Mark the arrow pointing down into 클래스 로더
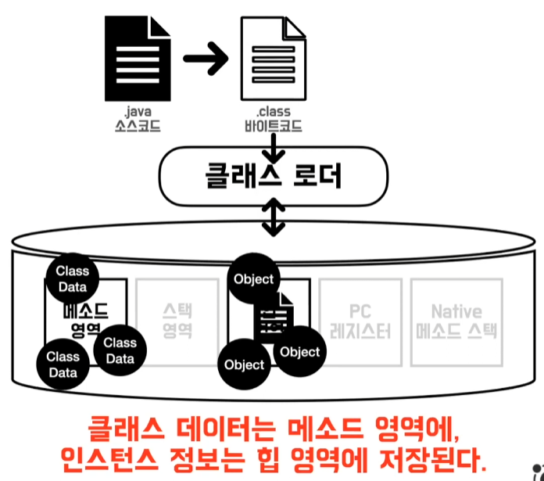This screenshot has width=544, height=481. tap(273, 145)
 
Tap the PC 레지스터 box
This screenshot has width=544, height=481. tap(359, 321)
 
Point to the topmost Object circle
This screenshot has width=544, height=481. tap(253, 279)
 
